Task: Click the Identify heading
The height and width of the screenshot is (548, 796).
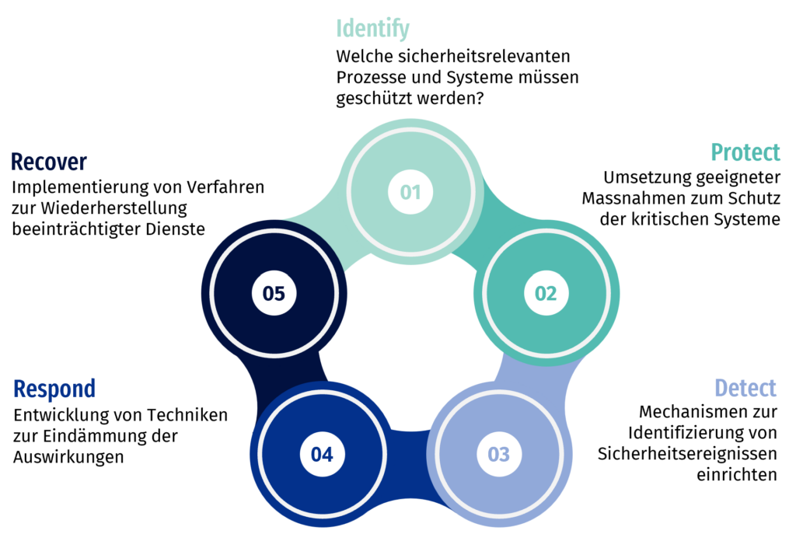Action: (x=372, y=29)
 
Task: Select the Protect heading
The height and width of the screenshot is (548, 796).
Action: (x=745, y=152)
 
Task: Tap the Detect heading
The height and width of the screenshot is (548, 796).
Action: (x=745, y=388)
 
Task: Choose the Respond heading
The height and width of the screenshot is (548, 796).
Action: (x=54, y=389)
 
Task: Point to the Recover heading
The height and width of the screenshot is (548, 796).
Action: (x=49, y=162)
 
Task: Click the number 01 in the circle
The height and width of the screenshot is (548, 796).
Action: (x=410, y=192)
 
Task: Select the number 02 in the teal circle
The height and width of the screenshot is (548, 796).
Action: (x=546, y=293)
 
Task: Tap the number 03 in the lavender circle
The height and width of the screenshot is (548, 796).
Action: (x=498, y=454)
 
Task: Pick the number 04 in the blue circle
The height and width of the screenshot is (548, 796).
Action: (x=322, y=454)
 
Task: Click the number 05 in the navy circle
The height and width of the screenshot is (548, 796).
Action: (x=274, y=293)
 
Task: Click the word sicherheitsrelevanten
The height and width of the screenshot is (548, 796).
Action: (x=484, y=56)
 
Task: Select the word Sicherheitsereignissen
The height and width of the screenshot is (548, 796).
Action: (x=687, y=454)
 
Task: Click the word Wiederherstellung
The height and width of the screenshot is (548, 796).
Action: (x=113, y=208)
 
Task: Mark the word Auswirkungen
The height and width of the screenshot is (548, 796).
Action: (x=68, y=457)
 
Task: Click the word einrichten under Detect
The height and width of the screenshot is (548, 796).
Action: (x=737, y=475)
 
